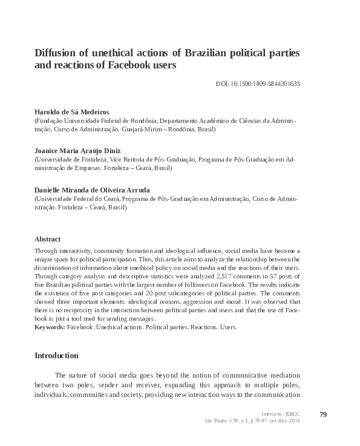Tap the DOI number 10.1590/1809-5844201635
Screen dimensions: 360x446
pyautogui.click(x=266, y=84)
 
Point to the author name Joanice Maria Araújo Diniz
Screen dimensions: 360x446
pyautogui.click(x=77, y=151)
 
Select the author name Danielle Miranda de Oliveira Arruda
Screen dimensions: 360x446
pyautogui.click(x=91, y=189)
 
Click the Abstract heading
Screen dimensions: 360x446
pyautogui.click(x=48, y=239)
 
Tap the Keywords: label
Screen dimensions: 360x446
pyautogui.click(x=50, y=327)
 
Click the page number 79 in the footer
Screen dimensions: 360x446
pyautogui.click(x=322, y=414)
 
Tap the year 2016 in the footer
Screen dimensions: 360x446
pyautogui.click(x=293, y=421)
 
